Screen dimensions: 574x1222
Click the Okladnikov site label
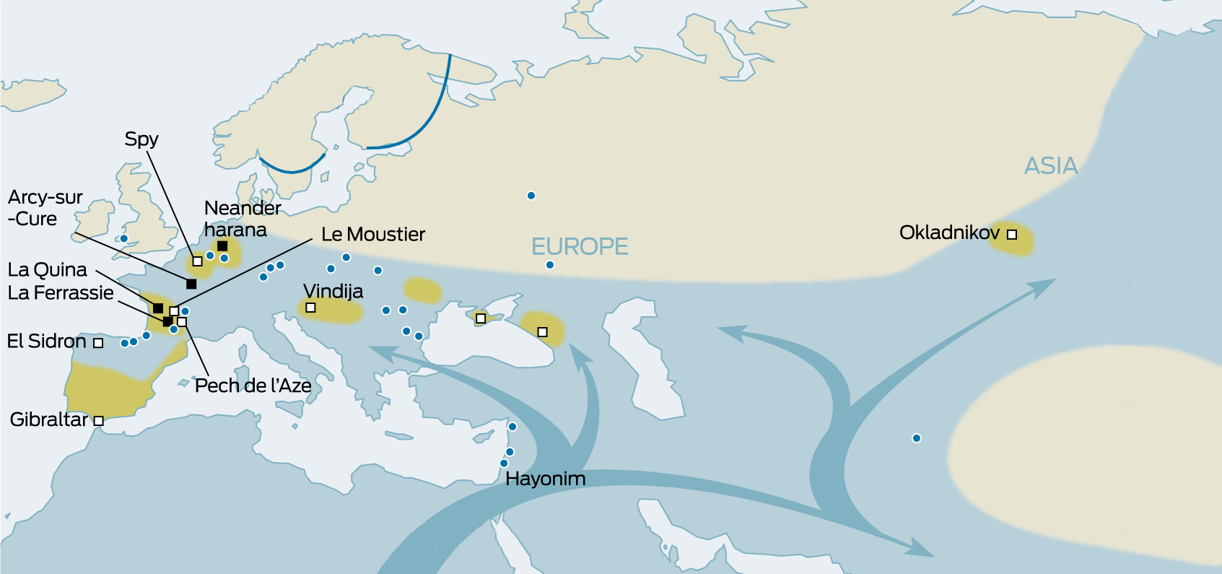pos(948,233)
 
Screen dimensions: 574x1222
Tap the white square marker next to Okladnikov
pos(1012,235)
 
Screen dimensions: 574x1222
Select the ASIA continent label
pos(1051,166)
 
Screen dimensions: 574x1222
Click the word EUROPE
pos(580,247)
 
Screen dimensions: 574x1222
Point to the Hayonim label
pos(545,479)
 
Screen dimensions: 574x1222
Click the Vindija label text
pos(333,291)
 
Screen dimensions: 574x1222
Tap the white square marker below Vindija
pos(310,308)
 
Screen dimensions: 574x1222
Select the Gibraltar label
pos(48,419)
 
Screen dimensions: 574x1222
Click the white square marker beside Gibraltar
pos(99,421)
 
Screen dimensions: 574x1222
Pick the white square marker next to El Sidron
pos(98,343)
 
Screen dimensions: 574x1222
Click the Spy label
pos(141,139)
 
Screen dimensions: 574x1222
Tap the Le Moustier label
pos(373,235)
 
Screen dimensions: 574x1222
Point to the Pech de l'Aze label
pos(253,386)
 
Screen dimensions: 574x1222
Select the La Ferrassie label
pos(61,293)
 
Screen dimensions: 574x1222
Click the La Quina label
pos(47,270)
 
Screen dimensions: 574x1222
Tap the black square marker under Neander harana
pos(222,246)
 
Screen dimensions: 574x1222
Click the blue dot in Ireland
pos(123,238)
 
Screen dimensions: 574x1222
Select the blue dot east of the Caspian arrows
pos(916,438)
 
